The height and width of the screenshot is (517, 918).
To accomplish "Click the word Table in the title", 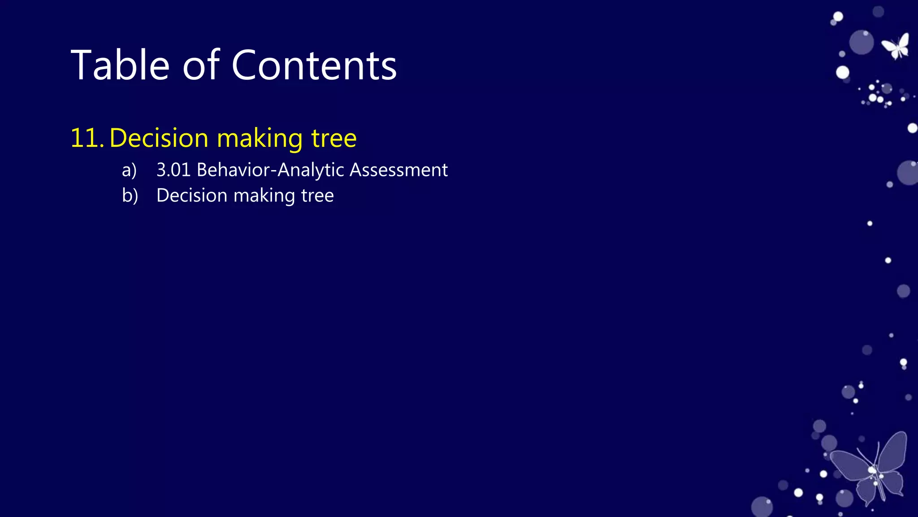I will [120, 66].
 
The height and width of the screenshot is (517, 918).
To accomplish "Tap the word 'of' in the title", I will [201, 66].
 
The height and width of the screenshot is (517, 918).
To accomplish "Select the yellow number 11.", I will [87, 138].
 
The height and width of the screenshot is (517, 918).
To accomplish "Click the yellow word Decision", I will [159, 138].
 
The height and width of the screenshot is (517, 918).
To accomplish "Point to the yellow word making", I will [260, 139].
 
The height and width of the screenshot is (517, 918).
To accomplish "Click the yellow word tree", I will [334, 138].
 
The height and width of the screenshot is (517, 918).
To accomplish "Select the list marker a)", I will [129, 170].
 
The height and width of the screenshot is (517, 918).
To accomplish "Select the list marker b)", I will [130, 196].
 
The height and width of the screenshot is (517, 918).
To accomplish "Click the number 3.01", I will [173, 170].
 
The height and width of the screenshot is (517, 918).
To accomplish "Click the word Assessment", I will [398, 170].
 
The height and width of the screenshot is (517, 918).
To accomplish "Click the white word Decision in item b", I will [192, 196].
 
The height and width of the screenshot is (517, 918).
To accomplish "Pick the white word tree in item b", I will [317, 196].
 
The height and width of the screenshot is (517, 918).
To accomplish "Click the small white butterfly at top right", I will [896, 46].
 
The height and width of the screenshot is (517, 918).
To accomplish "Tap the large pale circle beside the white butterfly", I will [861, 43].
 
